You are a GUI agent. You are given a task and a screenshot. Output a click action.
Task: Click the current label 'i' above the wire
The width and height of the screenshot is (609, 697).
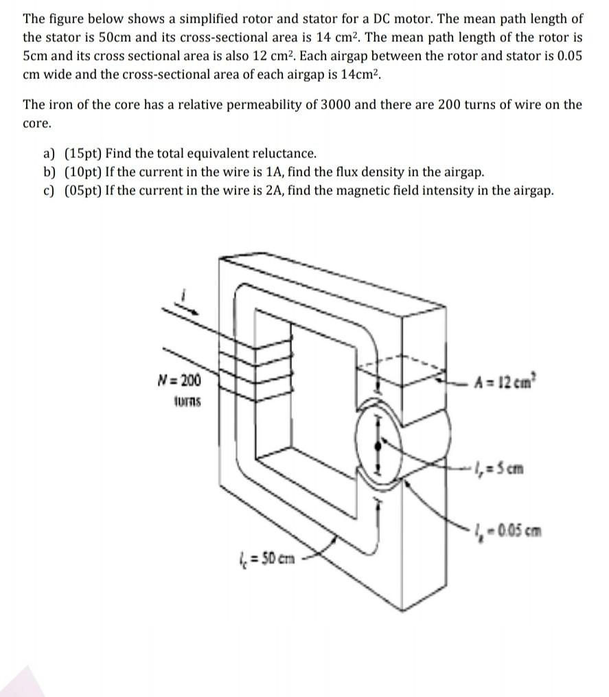(183, 295)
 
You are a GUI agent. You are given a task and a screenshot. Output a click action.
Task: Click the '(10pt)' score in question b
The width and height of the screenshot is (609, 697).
(84, 172)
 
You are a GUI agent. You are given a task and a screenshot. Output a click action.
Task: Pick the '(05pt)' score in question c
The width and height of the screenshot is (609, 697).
(84, 190)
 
